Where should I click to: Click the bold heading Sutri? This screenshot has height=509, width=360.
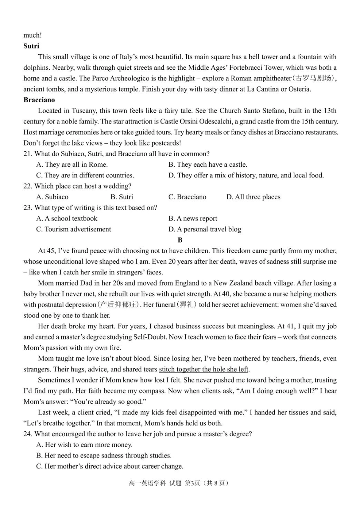[x=31, y=46]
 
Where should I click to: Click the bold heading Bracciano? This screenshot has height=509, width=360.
[x=39, y=100]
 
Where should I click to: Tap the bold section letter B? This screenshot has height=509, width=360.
[x=180, y=240]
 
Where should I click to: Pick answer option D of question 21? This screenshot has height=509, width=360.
[x=246, y=175]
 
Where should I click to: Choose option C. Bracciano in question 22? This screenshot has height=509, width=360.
[x=187, y=197]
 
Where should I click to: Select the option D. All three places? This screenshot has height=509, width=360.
[x=253, y=197]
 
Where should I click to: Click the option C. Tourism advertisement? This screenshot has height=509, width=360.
[x=74, y=229]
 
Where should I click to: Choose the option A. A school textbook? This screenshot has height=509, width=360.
[x=67, y=219]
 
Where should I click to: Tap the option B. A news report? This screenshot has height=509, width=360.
[x=193, y=219]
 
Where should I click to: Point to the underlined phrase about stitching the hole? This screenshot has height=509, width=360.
[x=204, y=370]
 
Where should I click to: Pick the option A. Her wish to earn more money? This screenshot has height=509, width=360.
[x=84, y=445]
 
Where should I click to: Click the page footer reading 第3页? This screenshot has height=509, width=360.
[x=192, y=483]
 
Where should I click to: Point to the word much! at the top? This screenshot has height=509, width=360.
[x=33, y=35]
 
